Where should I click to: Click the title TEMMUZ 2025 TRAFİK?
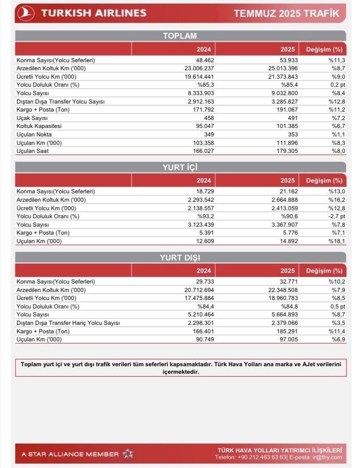tap(287, 14)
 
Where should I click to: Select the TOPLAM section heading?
tap(180, 36)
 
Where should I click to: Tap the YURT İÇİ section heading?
tap(180, 168)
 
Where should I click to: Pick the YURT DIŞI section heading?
tap(180, 258)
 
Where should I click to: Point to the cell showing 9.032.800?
tap(284, 93)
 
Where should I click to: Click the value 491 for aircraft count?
tap(291, 118)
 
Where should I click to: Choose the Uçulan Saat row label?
tap(32, 151)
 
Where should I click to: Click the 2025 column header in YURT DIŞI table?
tap(288, 270)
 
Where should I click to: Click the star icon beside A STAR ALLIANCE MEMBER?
tap(128, 454)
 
